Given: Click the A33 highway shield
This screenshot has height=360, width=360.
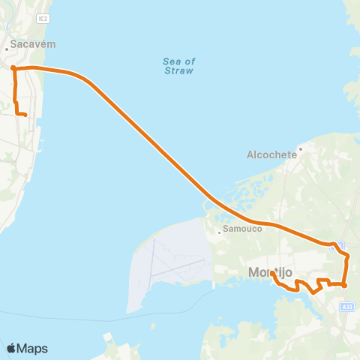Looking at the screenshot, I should point(346,306).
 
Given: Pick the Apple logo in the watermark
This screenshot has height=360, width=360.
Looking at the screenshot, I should point(12,348).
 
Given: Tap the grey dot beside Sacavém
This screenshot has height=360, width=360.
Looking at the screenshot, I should point(7,49).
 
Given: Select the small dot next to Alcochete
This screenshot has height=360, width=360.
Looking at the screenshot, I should point(299,148).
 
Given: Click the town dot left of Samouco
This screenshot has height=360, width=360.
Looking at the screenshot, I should point(219,232).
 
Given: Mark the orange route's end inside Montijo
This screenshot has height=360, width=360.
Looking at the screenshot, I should point(273,273).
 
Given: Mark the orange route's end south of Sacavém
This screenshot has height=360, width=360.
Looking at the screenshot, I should point(26,115).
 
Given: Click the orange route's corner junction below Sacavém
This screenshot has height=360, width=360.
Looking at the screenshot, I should point(13,68).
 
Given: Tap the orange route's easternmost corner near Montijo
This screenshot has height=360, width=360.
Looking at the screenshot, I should point(348,256).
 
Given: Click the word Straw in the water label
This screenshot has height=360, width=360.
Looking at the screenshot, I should point(178,70).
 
